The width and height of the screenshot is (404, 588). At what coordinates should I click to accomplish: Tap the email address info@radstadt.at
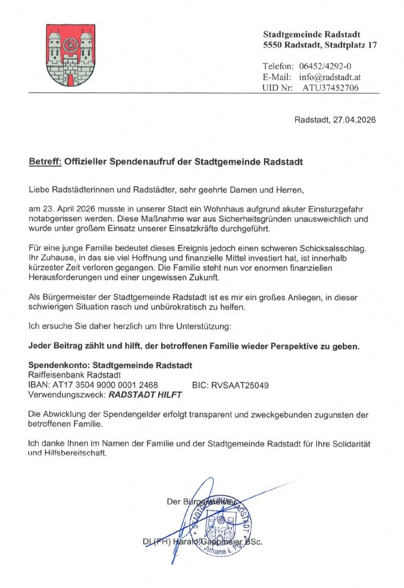tap(330, 77)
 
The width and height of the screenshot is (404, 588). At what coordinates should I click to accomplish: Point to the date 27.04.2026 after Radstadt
tap(355, 120)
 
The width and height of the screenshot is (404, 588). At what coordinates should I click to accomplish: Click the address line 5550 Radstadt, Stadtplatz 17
tap(320, 45)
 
